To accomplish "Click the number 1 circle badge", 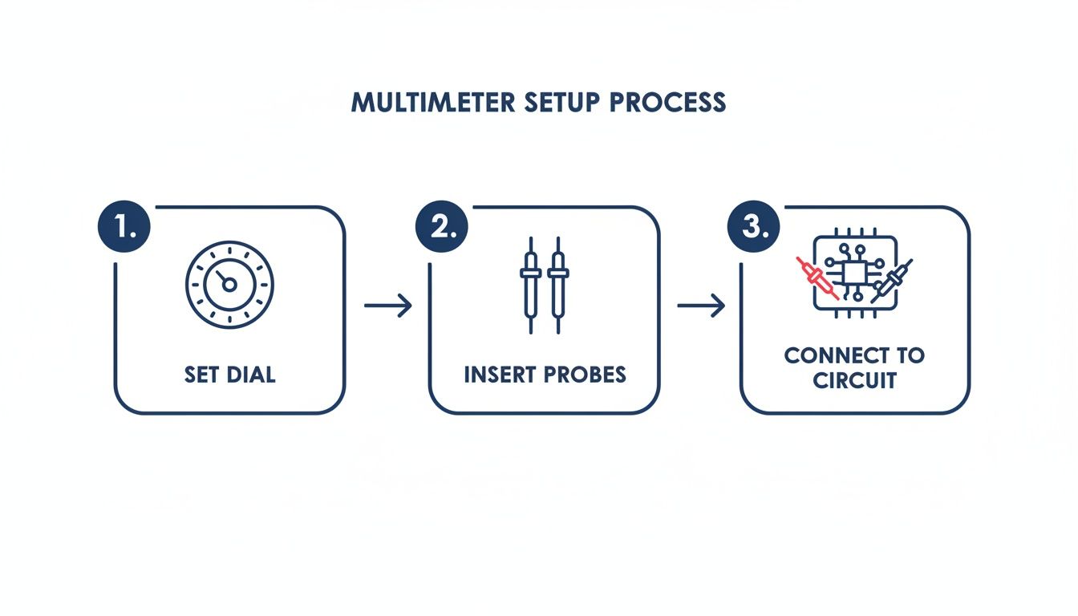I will tap(124, 227).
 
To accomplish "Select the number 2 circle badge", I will tap(441, 227).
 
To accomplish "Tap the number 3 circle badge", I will tap(753, 227).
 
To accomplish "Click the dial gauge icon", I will tap(229, 285).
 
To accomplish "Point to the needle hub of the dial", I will tap(229, 285).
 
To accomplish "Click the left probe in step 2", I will tap(530, 285).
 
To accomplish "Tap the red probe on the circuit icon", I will tap(817, 278).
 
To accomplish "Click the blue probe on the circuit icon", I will tap(891, 281).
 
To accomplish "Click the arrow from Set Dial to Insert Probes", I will tap(388, 306).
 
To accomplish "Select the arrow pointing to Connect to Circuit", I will tap(701, 306).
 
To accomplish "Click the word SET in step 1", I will tap(201, 375).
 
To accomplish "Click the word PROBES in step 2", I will tap(586, 375).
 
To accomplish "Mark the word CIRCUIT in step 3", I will tap(854, 380).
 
